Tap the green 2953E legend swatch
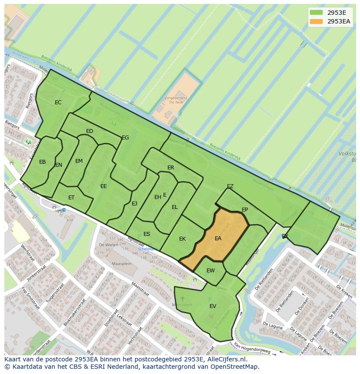tap(317, 13)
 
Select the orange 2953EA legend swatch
tap(317, 21)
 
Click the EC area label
tap(58, 103)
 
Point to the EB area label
tap(43, 162)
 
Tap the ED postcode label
tap(90, 131)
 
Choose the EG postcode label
tap(125, 138)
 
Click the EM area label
tap(79, 161)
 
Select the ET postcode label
tap(71, 198)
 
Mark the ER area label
tap(171, 168)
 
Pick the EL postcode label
tap(175, 207)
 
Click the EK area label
tap(183, 239)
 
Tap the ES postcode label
tap(147, 234)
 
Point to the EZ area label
tap(230, 186)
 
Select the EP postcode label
tap(245, 210)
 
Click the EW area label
tap(210, 271)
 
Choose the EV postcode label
tap(213, 306)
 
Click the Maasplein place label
tap(121, 264)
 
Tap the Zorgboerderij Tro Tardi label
tap(176, 101)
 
